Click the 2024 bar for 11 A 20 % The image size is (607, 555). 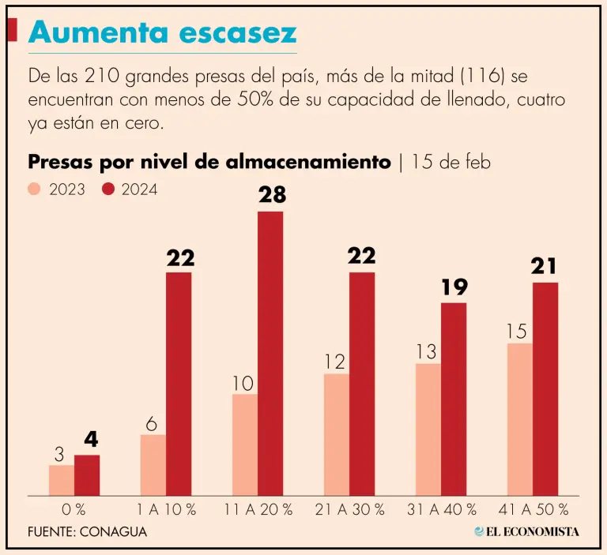[x=270, y=353]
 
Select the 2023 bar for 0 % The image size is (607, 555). [x=61, y=480]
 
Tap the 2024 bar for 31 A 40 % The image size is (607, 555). [x=454, y=399]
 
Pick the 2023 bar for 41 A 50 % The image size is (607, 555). [x=519, y=419]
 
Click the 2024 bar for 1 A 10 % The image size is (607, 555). [x=179, y=384]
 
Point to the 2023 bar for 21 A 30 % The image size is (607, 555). [x=336, y=434]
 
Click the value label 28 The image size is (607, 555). [x=271, y=195]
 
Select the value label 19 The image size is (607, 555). [x=454, y=287]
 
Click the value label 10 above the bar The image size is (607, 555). [x=243, y=384]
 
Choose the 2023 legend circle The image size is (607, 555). [x=34, y=189]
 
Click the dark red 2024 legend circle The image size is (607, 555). [x=108, y=189]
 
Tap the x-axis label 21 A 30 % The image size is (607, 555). [x=349, y=509]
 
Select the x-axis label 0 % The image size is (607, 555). [x=74, y=509]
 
